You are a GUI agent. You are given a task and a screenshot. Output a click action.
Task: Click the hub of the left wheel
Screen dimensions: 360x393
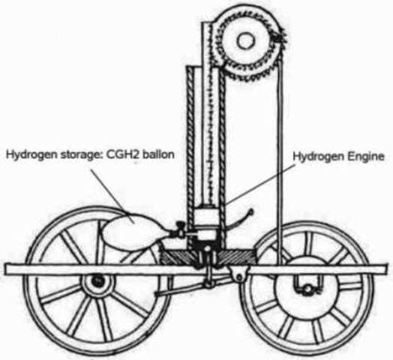(x=95, y=283)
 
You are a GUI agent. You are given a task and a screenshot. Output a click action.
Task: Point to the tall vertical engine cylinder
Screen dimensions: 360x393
(x=203, y=135)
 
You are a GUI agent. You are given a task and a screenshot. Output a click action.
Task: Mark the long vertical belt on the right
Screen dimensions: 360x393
(x=279, y=150)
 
